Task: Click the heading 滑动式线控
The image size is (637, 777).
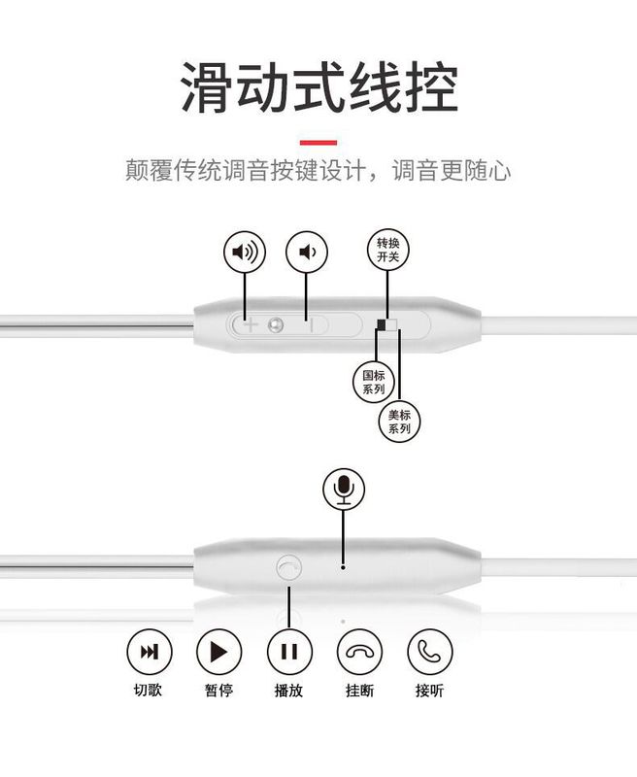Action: click(318, 88)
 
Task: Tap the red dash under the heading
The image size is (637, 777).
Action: click(318, 143)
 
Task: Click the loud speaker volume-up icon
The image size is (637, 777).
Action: click(245, 253)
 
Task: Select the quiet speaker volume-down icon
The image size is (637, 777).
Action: click(307, 253)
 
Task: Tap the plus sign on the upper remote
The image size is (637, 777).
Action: click(250, 325)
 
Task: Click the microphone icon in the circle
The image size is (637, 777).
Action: click(343, 489)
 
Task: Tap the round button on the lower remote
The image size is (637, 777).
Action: click(288, 567)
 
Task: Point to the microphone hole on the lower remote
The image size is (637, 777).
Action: click(343, 565)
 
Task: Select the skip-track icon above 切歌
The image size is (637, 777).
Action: click(150, 651)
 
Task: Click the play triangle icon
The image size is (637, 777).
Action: click(218, 651)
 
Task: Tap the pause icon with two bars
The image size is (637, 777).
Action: click(288, 651)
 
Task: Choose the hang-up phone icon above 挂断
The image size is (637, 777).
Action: click(359, 651)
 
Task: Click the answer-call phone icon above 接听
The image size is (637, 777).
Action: click(429, 651)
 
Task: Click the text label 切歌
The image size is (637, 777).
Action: click(149, 692)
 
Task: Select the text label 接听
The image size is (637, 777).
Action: click(429, 692)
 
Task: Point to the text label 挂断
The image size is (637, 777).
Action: click(359, 692)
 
